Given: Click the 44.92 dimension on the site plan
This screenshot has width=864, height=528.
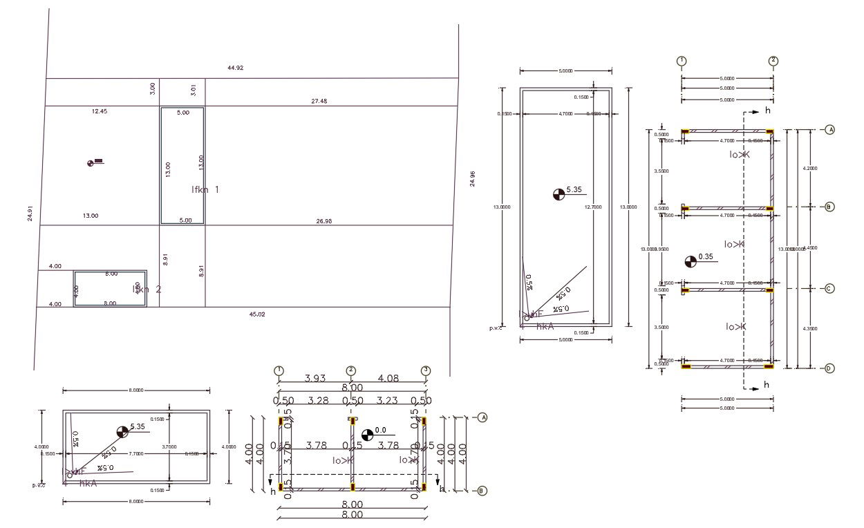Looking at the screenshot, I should click(235, 68).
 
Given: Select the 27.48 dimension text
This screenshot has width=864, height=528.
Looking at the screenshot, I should click(319, 101).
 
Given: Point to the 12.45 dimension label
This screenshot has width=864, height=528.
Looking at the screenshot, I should click(100, 111).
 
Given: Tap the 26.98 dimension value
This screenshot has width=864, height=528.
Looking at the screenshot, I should click(323, 221).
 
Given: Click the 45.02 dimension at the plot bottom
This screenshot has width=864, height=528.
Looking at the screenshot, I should click(256, 314).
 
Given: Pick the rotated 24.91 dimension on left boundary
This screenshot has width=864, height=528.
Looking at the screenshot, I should click(30, 214).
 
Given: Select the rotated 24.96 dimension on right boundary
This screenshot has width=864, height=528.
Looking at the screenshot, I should click(473, 178).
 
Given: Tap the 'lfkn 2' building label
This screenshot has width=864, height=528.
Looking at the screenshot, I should click(147, 289).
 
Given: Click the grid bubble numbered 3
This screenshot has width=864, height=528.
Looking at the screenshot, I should click(426, 370).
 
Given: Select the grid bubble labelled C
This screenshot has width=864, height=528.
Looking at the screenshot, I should click(829, 289).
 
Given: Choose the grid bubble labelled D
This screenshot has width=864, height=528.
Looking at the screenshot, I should click(829, 368).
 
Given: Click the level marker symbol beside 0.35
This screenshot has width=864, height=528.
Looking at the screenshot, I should click(691, 261).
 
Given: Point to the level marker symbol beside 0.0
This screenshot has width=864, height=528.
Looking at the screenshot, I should click(367, 434).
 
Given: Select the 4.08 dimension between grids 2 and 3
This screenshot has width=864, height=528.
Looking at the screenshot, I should click(388, 378).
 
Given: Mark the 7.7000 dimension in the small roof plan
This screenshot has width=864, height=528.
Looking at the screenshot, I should click(136, 454).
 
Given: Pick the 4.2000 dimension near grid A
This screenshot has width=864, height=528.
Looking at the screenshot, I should click(809, 168).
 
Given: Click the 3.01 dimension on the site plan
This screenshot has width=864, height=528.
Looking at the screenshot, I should click(194, 90).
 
